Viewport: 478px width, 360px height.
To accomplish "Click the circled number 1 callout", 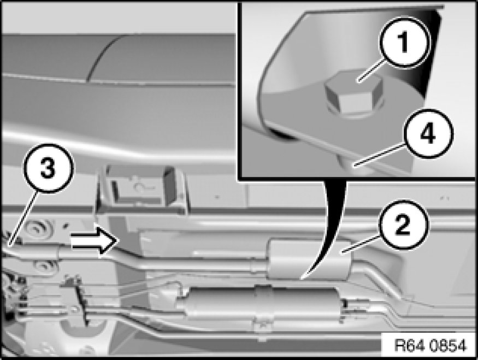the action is coord(405,42).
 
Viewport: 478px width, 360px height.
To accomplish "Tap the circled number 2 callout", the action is coord(403,225).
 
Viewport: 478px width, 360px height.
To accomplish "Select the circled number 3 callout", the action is coord(48,168).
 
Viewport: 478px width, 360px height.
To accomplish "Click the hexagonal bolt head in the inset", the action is coord(353,93).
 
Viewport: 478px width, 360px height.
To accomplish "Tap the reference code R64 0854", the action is coord(430,346).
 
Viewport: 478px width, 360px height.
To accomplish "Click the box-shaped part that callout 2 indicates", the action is coord(309,259).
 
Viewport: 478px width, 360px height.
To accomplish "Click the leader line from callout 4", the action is coord(380,155).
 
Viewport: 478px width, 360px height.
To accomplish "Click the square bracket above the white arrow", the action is coord(141,189).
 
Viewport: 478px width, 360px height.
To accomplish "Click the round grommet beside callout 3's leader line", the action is coord(37,228).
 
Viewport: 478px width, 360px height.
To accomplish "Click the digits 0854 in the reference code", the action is coord(448,346).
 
